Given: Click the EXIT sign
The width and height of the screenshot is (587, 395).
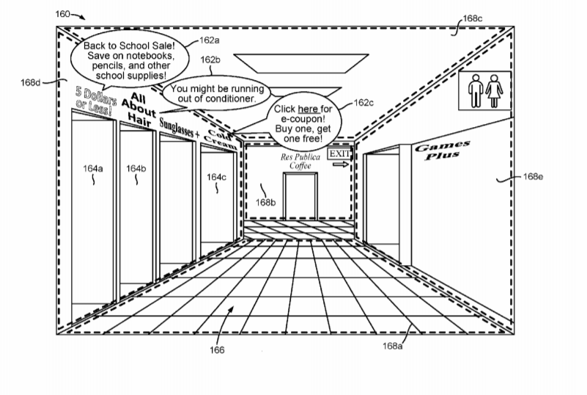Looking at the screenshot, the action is (x=339, y=153).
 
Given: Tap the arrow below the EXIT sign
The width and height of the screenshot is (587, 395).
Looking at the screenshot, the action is (x=341, y=164).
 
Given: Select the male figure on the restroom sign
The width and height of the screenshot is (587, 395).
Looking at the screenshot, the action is (x=476, y=91).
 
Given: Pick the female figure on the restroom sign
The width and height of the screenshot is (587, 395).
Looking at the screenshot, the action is (x=494, y=91).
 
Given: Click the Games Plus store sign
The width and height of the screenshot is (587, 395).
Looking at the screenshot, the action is (x=442, y=150).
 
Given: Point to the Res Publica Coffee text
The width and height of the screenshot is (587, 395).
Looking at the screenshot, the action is (x=300, y=162).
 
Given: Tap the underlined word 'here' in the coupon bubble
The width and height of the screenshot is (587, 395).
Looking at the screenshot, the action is (x=308, y=109).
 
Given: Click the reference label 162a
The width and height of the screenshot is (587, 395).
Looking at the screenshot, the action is (x=210, y=40).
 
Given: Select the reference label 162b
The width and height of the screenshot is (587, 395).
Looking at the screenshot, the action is (x=210, y=59).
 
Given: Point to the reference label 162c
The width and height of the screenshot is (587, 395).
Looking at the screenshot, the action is (x=363, y=102).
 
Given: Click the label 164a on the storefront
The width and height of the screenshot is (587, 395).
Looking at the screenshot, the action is (x=93, y=168).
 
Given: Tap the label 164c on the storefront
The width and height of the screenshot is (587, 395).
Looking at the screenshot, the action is (x=216, y=177).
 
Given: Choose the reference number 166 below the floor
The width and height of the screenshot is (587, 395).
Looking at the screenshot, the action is (x=217, y=350).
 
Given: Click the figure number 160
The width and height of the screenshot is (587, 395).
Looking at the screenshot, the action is (x=62, y=14).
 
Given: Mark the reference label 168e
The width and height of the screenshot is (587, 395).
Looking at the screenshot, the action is (x=533, y=176).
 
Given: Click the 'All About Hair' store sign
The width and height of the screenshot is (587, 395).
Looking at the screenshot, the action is (x=139, y=109).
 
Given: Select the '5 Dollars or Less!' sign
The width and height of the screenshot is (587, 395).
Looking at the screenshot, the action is (x=95, y=101).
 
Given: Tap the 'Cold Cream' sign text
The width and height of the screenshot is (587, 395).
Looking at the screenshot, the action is (x=221, y=139).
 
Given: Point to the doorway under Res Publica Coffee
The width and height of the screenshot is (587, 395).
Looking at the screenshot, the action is (x=300, y=196).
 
